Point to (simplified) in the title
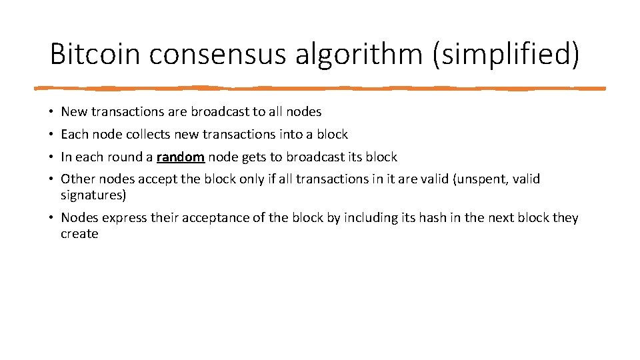point(506,54)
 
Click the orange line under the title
point(320,87)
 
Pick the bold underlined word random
point(180,157)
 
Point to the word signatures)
point(93,195)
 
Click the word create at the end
point(79,234)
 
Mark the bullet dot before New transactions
point(51,112)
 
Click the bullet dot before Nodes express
point(51,218)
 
